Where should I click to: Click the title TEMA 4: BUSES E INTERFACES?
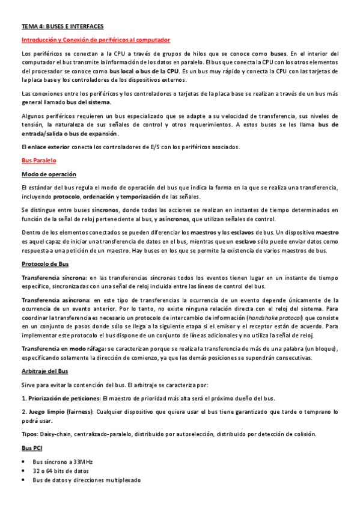click(63, 27)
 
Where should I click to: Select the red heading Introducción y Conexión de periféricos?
click(96, 40)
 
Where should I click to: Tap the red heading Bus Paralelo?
click(38, 161)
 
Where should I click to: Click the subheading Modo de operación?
click(49, 174)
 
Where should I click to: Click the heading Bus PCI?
click(32, 448)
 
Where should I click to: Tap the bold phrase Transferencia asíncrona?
click(55, 300)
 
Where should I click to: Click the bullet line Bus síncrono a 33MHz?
click(63, 462)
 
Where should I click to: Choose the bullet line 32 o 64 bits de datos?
click(61, 471)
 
